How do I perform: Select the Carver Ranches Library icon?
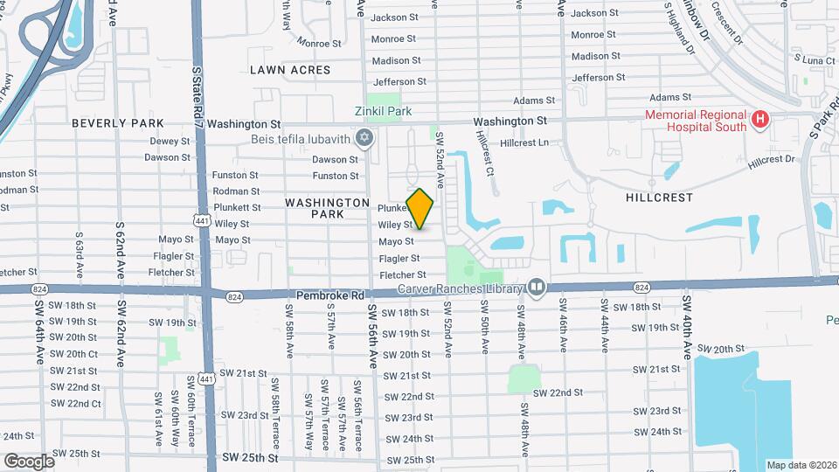pos(537,288)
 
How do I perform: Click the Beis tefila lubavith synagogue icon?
pos(364,138)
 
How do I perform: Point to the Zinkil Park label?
pos(383,112)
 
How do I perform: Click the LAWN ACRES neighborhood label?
pos(290,70)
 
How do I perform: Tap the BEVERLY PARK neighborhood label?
pos(118,123)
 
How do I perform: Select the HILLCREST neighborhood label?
pos(659,198)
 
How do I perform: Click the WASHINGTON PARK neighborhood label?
pos(328,208)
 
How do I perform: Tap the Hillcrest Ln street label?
pos(524,142)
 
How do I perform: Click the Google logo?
pos(28,461)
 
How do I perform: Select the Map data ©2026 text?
pos(801,465)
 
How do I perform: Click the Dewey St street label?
pos(170,141)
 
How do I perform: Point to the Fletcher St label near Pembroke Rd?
pos(402,275)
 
